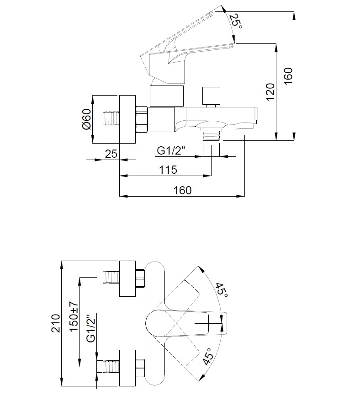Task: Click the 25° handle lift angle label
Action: [x=235, y=21]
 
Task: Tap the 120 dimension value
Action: [x=270, y=91]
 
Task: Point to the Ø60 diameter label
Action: [x=86, y=119]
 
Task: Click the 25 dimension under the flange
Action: [x=111, y=154]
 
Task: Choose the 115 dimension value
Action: [x=168, y=170]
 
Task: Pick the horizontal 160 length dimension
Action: [x=182, y=190]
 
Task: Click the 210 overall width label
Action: [x=56, y=323]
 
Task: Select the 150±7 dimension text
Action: [x=74, y=316]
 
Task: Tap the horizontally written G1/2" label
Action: [x=171, y=151]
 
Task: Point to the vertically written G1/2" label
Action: [x=91, y=328]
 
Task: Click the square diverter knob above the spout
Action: [x=211, y=96]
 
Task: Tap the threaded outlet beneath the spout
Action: [x=212, y=136]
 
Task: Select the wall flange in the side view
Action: [x=127, y=119]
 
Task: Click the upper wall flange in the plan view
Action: [x=127, y=278]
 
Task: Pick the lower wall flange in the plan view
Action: [x=127, y=368]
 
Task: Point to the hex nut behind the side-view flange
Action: [x=142, y=119]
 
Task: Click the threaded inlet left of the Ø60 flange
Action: [x=111, y=118]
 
